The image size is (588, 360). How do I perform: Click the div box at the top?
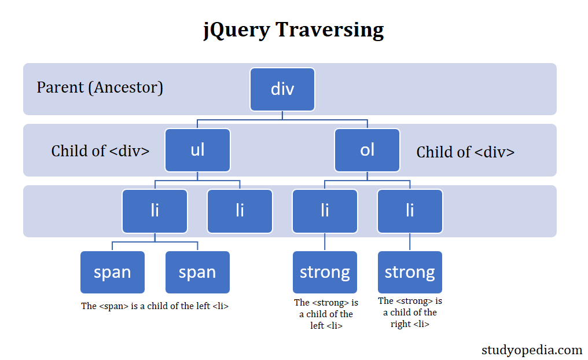click(282, 89)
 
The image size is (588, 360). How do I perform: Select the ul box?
click(197, 150)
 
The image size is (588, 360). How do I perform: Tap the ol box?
click(367, 150)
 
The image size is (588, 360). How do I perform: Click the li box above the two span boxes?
click(155, 211)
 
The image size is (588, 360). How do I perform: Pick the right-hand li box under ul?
click(240, 211)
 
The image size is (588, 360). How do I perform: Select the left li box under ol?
click(325, 211)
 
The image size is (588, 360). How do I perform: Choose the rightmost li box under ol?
click(410, 211)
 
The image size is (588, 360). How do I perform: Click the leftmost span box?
click(112, 272)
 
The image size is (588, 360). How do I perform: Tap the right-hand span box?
click(197, 272)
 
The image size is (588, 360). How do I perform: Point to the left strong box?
click(325, 272)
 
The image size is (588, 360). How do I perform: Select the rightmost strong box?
click(410, 272)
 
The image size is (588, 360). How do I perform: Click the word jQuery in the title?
click(237, 30)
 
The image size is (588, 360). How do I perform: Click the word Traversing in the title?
click(329, 29)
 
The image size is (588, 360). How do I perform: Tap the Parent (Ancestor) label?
click(100, 87)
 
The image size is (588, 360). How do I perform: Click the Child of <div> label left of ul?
click(100, 151)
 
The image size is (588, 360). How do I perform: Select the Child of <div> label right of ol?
click(465, 152)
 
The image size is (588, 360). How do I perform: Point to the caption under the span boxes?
click(155, 306)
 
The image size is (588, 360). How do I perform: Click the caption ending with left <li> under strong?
click(326, 314)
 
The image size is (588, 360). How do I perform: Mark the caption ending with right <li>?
click(410, 313)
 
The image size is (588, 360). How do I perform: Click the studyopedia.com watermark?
click(532, 350)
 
